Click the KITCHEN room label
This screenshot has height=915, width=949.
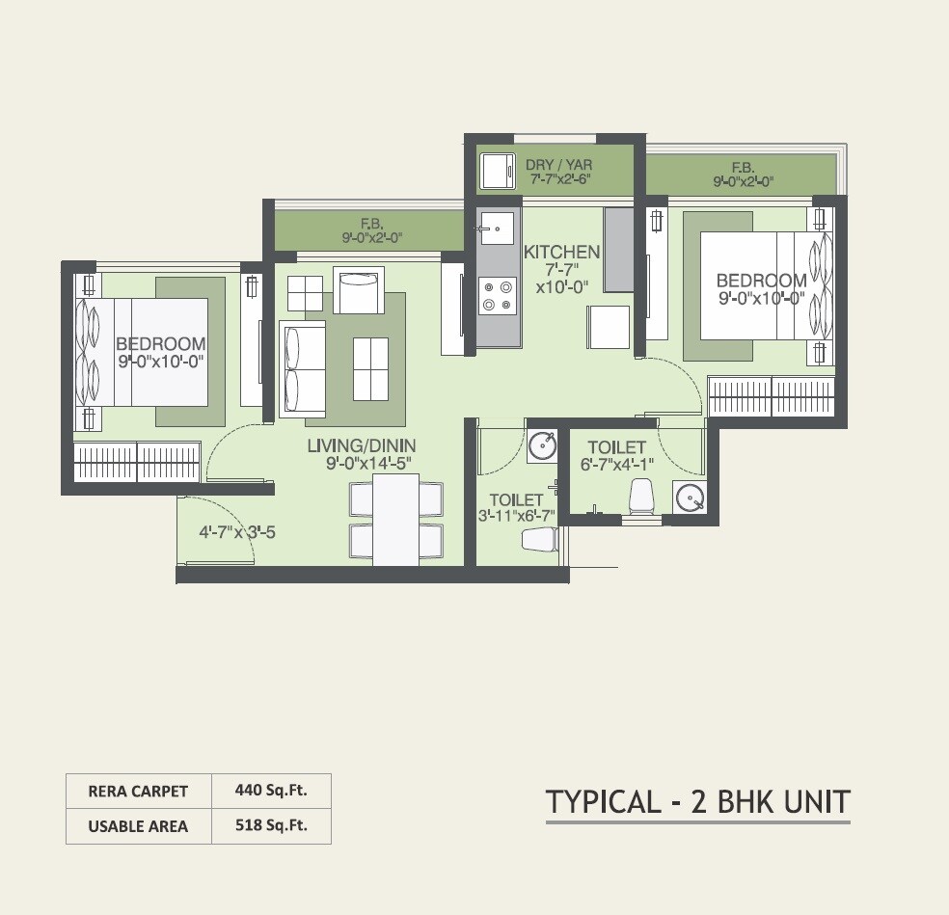click(x=561, y=253)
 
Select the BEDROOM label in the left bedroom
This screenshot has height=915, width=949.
click(x=160, y=344)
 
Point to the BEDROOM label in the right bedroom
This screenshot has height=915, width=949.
click(x=761, y=282)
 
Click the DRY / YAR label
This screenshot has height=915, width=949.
click(x=558, y=165)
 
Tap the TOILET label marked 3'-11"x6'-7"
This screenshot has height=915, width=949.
click(x=516, y=499)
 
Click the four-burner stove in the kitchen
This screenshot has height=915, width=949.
click(x=498, y=295)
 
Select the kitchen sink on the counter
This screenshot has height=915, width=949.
click(x=496, y=229)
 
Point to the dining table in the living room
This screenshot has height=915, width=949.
click(x=395, y=519)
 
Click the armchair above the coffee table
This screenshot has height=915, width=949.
click(x=358, y=290)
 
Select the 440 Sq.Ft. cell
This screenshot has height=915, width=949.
click(x=271, y=791)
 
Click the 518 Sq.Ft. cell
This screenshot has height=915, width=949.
click(x=271, y=826)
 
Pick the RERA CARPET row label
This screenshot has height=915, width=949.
click(x=138, y=792)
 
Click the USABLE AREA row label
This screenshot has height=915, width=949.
click(x=138, y=826)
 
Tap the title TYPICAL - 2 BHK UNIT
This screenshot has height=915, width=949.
click(x=698, y=801)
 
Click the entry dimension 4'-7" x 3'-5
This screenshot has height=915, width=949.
click(x=237, y=531)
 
